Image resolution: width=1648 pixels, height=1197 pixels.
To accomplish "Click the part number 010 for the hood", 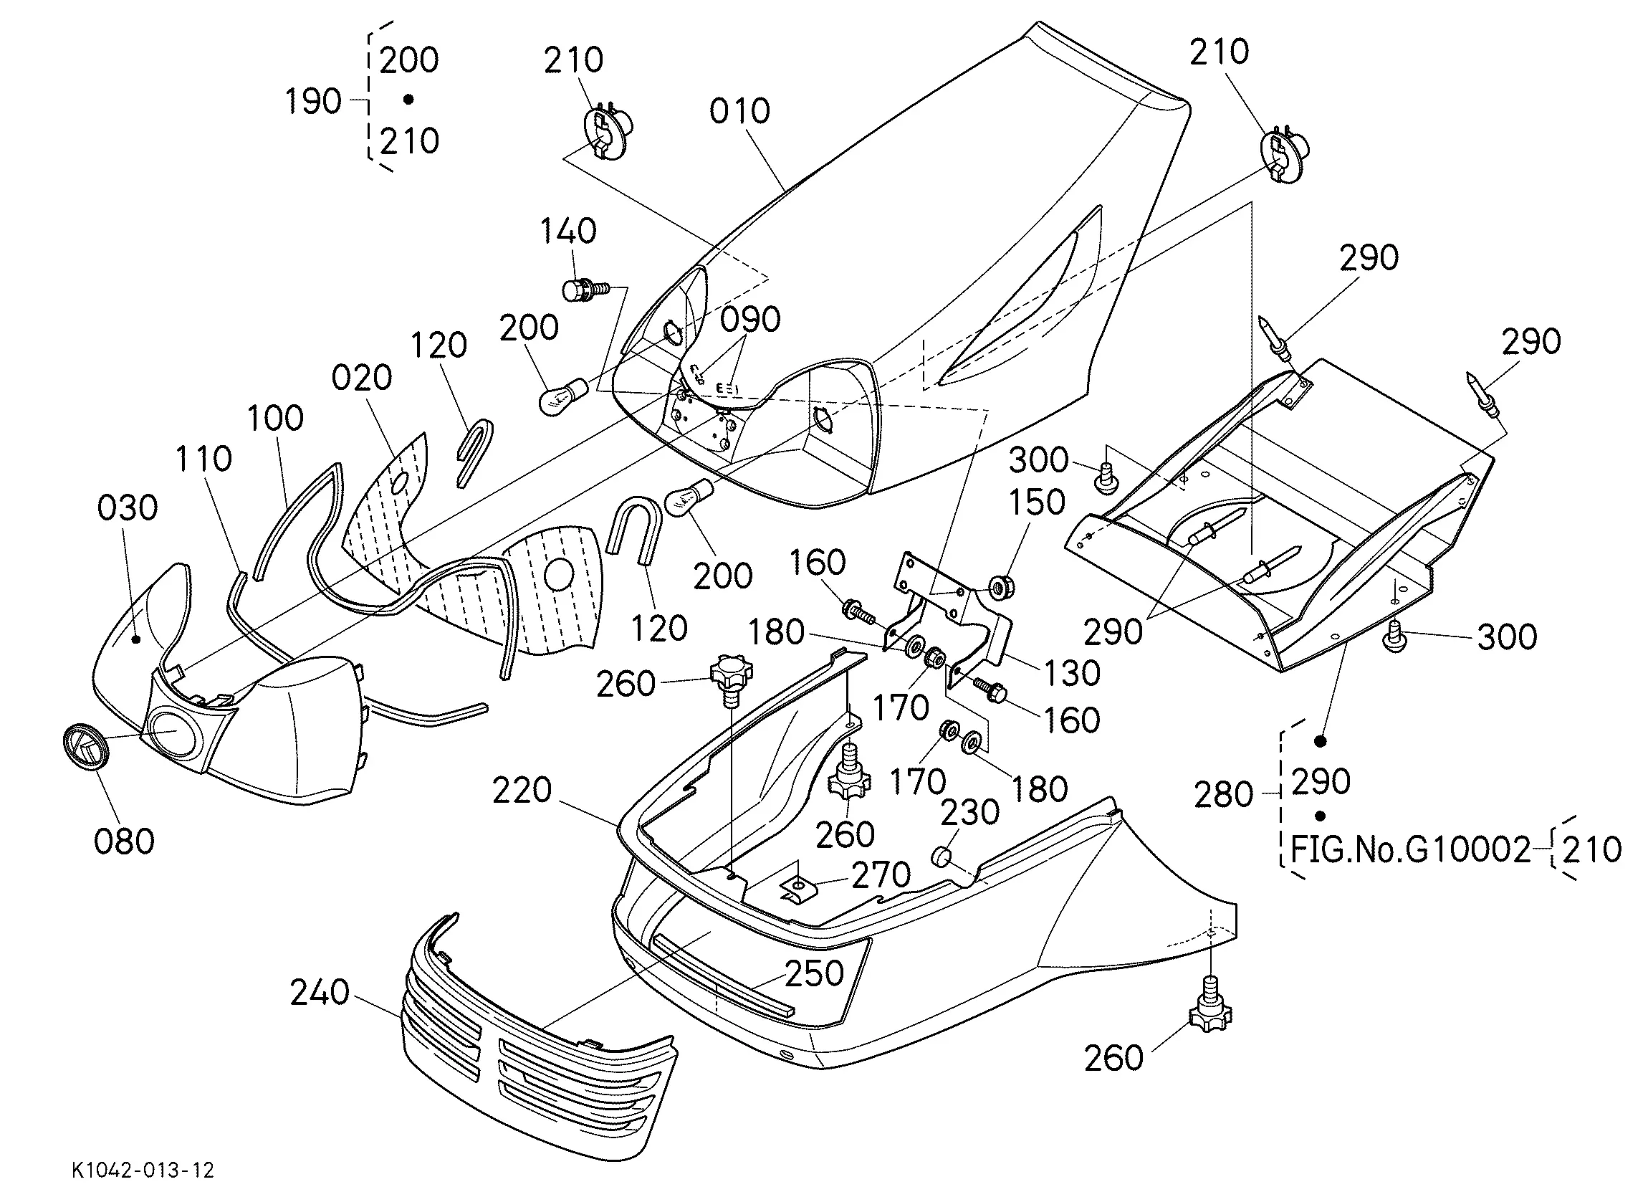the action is point(739,112).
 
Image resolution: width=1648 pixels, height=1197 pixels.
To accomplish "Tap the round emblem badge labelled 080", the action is point(85,747).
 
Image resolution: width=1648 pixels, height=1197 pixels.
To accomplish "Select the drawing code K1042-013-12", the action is point(143,1170).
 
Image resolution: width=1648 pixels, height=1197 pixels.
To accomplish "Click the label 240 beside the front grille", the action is point(320,993).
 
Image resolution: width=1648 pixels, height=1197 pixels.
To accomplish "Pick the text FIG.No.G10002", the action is point(1410,849).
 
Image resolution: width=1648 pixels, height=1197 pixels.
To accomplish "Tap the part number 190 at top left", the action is point(312,101).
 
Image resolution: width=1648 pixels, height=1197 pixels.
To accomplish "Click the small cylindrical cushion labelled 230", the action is point(942,855).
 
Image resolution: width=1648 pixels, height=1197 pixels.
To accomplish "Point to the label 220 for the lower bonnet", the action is point(522,790).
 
